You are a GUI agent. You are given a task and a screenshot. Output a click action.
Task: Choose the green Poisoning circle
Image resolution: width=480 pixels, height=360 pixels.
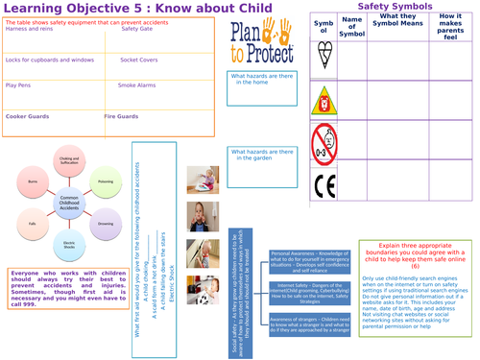click(108, 179)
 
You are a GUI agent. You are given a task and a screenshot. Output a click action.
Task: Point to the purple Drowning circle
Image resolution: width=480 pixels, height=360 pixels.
click(108, 228)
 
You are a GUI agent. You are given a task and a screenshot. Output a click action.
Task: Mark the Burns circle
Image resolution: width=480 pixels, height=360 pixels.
click(35, 179)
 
